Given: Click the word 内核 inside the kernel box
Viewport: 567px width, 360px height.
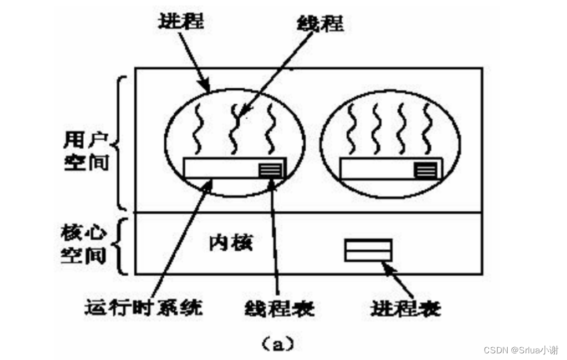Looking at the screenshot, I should (230, 242).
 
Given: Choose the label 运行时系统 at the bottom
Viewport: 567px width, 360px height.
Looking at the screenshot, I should (144, 307).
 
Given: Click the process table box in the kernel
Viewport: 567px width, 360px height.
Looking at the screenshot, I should (368, 250).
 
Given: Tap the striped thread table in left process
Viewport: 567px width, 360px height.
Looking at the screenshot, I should (270, 169).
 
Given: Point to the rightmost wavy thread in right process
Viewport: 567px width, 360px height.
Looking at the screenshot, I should (427, 129).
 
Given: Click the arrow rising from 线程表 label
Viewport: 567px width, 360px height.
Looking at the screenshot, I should (274, 233).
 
